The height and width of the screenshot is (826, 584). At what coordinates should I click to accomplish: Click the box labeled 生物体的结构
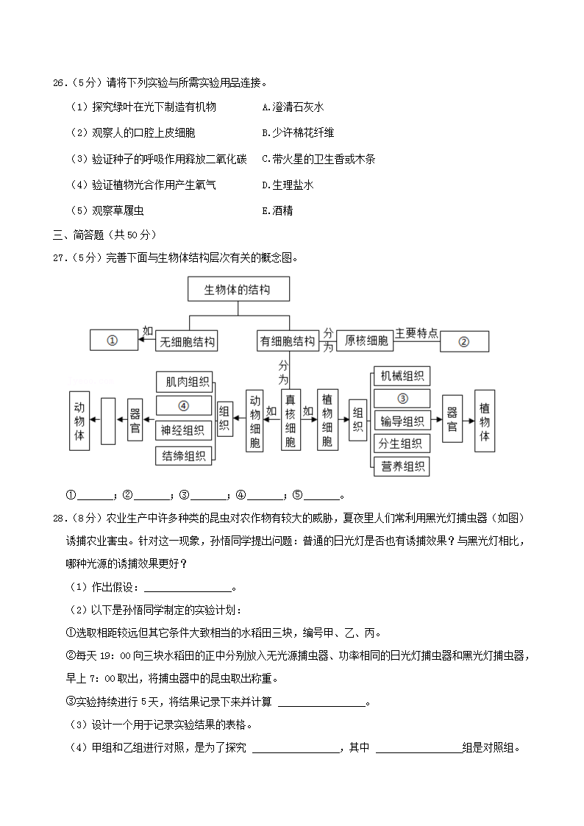coord(238,290)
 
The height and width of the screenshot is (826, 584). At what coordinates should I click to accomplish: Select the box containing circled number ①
coord(113,341)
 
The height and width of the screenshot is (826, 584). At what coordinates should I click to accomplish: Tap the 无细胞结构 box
coord(189,341)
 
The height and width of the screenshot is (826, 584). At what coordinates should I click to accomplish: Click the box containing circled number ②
coord(463,341)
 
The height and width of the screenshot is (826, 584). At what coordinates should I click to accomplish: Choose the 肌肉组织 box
coord(185,382)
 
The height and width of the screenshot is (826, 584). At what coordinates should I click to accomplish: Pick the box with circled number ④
coord(185,405)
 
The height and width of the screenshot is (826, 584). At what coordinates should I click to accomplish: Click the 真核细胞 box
coord(291,419)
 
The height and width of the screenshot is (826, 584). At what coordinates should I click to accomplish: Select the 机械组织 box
coord(402,376)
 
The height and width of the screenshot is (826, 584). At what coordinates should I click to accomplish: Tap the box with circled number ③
coord(402,399)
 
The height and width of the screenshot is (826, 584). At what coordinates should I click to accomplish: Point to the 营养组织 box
coord(402,466)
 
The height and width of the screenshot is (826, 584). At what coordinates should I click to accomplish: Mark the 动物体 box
coord(79,420)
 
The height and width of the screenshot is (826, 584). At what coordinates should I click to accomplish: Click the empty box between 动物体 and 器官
coord(108,420)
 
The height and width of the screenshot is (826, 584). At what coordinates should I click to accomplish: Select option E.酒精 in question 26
coord(277,210)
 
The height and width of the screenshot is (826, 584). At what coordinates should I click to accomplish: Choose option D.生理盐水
coord(288,185)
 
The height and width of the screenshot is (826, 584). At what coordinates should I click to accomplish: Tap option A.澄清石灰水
coord(293,107)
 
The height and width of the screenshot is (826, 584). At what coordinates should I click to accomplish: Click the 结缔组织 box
coord(185,456)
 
